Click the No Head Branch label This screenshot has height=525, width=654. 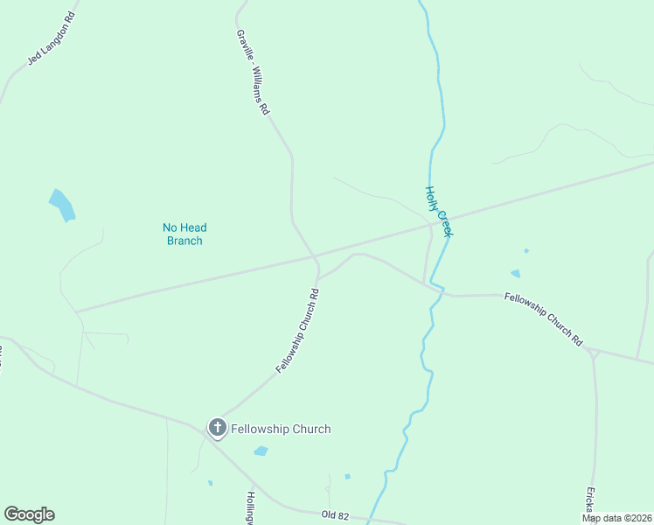tap(184, 234)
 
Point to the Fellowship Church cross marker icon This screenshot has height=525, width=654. tap(217, 429)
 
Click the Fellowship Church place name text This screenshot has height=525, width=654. tap(281, 429)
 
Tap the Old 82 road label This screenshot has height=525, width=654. tap(335, 516)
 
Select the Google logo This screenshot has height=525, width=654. tap(29, 514)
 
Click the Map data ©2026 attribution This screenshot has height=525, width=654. tap(616, 518)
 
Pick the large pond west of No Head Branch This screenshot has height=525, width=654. tap(62, 206)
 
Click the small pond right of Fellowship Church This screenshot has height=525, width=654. tap(261, 451)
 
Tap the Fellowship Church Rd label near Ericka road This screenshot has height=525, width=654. tap(544, 319)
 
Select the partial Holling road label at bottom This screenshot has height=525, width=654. tap(249, 507)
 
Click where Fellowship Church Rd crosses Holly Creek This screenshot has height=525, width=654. tap(440, 290)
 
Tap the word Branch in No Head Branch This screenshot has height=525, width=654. tap(184, 241)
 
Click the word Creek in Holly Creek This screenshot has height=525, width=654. tap(443, 223)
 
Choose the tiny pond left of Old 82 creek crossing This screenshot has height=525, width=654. tap(347, 477)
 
